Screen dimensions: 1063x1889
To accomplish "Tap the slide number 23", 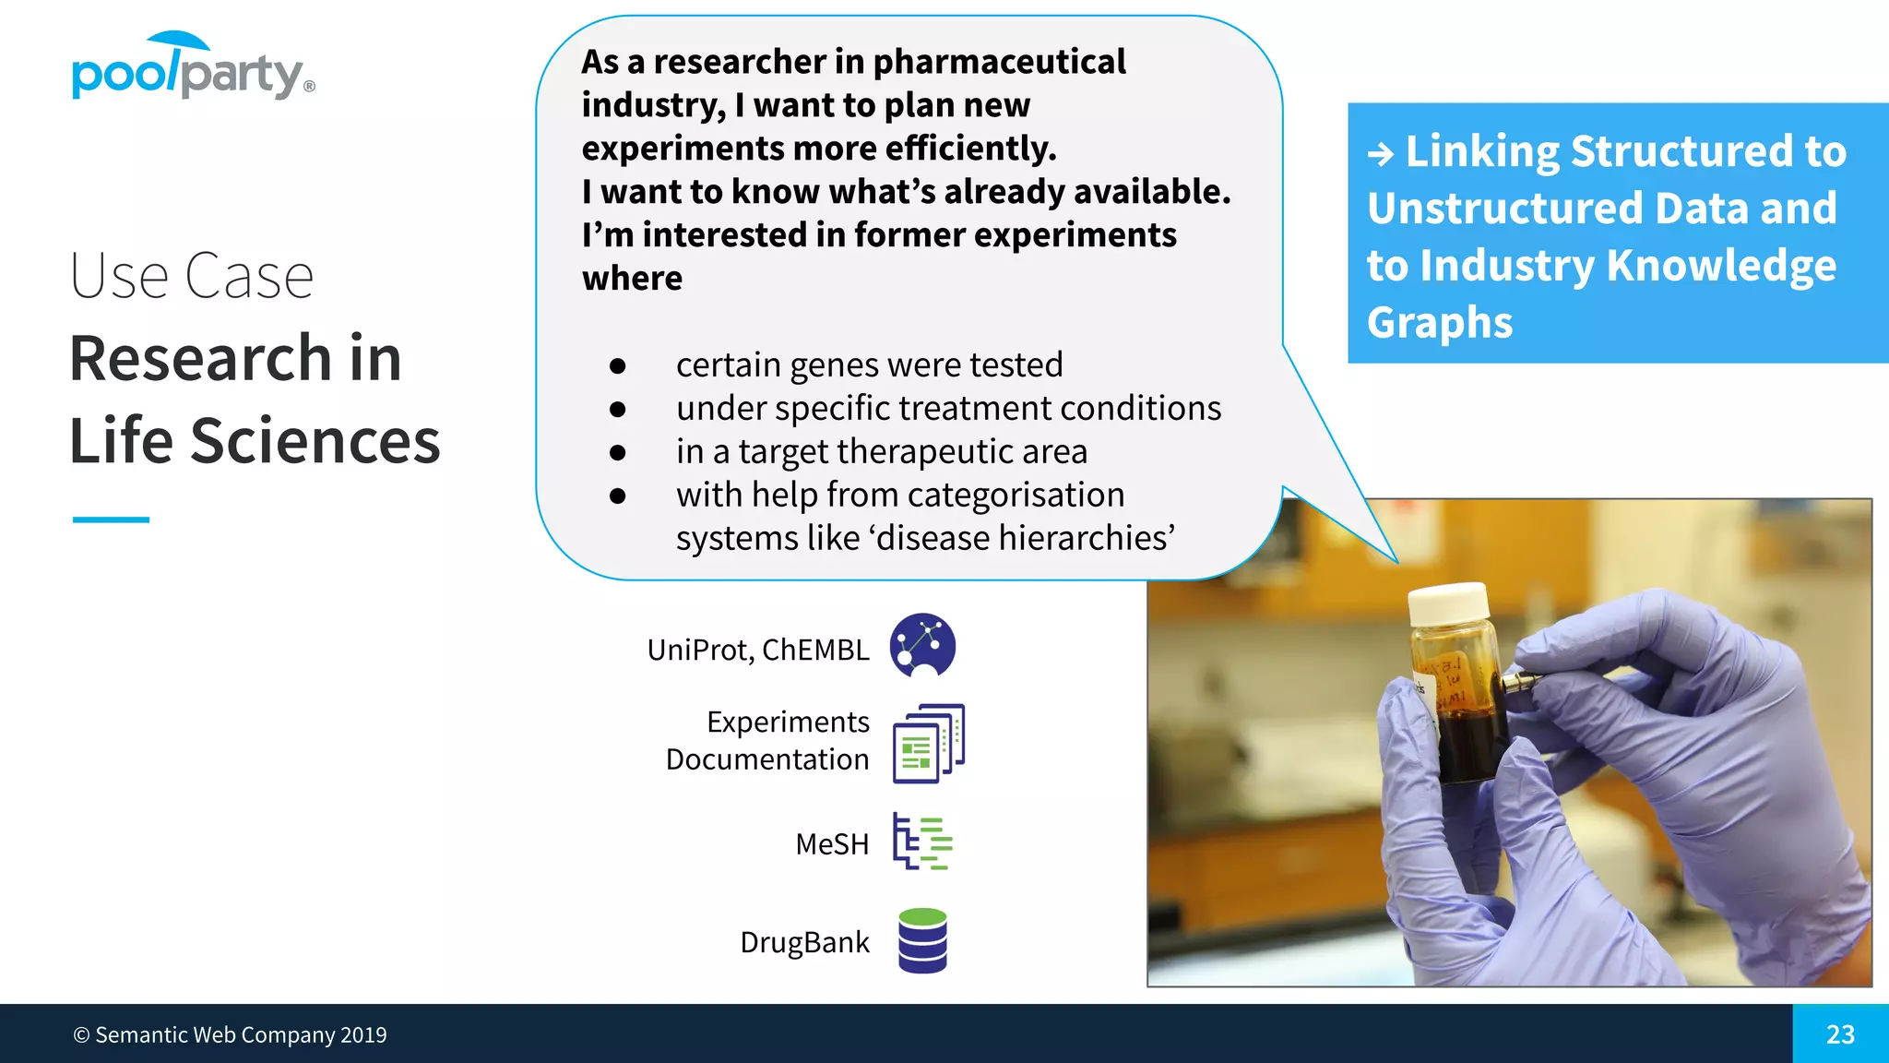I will tap(1839, 1034).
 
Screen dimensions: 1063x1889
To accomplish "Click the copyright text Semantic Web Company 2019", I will tap(231, 1035).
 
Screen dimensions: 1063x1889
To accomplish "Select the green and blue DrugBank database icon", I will tap(922, 940).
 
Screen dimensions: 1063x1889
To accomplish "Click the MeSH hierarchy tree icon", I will tap(921, 842).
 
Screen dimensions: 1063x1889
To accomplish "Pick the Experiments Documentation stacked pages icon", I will tap(928, 744).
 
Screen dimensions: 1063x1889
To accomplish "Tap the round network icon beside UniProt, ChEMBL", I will tap(922, 645).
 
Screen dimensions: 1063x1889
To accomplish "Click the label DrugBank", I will tap(804, 942).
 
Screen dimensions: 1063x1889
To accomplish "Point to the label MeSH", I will tap(832, 844).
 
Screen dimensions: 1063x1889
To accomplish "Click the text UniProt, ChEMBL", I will tap(757, 650).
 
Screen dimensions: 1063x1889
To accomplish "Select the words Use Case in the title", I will tap(192, 276).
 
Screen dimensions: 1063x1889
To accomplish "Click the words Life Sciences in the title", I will tap(255, 440).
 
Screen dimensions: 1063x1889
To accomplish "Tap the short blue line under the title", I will tap(111, 520).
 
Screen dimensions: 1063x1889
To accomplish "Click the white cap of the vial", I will tap(1448, 605).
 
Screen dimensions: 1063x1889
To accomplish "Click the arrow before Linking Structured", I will tap(1381, 153).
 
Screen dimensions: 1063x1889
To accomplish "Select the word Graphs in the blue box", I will tap(1439, 323).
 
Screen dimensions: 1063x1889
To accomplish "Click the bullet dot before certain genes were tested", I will tap(618, 366).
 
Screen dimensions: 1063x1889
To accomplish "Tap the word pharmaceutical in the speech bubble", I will tap(999, 62).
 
